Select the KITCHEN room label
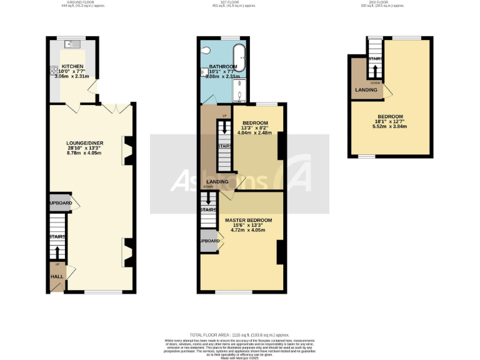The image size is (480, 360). (x=72, y=66)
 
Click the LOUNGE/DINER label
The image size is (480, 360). (x=85, y=143)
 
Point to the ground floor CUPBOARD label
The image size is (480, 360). (x=61, y=203)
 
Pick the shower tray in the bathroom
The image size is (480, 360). (x=241, y=91)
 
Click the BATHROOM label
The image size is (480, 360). (x=223, y=67)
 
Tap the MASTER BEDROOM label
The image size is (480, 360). (x=249, y=221)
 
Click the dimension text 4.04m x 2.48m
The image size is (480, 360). (x=255, y=133)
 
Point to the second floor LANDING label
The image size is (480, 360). (x=366, y=91)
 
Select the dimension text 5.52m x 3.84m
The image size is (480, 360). (x=391, y=126)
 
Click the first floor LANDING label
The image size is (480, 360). (x=217, y=181)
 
